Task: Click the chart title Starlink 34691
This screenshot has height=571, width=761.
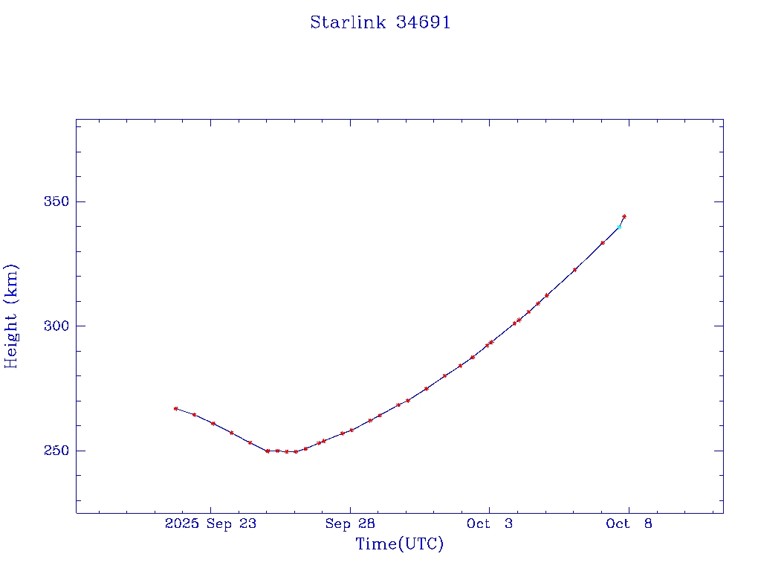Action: click(380, 23)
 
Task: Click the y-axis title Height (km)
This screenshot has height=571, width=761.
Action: click(11, 316)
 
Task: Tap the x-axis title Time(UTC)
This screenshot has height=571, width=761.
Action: click(400, 545)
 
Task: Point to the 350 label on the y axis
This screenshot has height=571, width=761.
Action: click(58, 202)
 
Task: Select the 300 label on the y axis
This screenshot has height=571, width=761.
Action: click(58, 326)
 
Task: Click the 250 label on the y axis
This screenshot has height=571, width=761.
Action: click(58, 451)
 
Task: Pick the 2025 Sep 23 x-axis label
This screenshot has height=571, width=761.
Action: click(211, 524)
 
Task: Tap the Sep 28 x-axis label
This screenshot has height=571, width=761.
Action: click(350, 524)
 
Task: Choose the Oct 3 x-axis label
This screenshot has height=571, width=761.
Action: click(489, 524)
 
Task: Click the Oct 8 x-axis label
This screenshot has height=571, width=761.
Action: click(629, 524)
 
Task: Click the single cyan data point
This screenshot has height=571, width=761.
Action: click(619, 227)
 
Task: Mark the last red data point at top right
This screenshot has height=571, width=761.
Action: click(624, 216)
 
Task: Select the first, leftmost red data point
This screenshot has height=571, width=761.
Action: click(175, 408)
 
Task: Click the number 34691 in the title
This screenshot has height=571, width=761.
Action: click(424, 23)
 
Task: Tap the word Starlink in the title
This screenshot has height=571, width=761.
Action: click(348, 23)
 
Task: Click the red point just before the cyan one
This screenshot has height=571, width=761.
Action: click(603, 242)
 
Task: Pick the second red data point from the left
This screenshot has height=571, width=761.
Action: click(194, 414)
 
